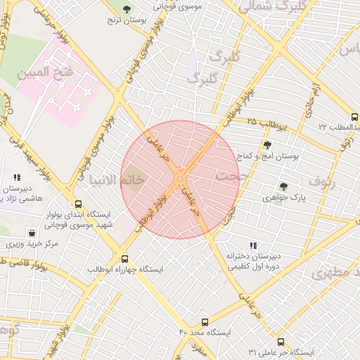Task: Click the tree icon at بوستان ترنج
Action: pos(126,9)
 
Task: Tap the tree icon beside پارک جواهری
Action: pos(283,186)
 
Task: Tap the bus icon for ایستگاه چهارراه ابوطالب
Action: pos(125,259)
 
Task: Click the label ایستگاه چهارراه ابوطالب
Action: pos(125,269)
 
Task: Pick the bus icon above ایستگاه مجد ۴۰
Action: pos(205,321)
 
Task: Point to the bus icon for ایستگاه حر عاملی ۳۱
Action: pos(281,341)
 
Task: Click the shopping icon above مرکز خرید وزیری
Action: pos(32,233)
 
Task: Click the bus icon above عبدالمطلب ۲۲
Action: pos(354,117)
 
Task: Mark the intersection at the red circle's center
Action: pos(180,179)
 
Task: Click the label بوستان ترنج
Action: pos(126,21)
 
